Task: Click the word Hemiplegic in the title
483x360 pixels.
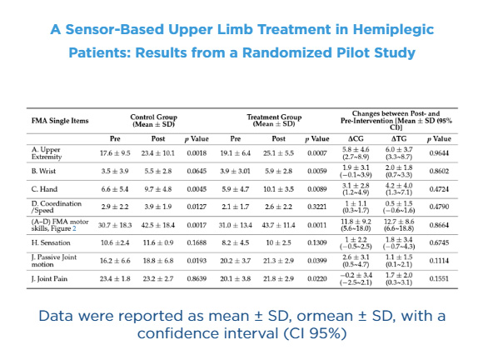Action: tap(393, 30)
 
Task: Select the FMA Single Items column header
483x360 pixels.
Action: tap(60, 121)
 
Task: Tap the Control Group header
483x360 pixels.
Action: tap(154, 121)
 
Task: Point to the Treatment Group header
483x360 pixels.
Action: tap(274, 121)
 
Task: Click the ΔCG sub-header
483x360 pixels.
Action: tap(356, 138)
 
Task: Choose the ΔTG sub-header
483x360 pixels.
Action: tap(399, 138)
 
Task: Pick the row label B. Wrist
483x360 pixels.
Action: tap(43, 171)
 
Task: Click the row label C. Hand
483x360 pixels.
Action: tap(44, 189)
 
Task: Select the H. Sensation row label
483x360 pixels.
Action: tap(51, 242)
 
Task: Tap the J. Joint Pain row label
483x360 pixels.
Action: tap(49, 279)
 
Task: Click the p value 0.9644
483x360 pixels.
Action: tap(439, 153)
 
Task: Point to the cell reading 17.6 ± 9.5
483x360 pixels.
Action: tap(115, 153)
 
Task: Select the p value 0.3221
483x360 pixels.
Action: tap(317, 207)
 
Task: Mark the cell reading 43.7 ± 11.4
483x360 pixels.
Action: tap(278, 225)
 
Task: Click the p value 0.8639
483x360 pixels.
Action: tap(197, 279)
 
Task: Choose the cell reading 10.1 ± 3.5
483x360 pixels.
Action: tap(278, 189)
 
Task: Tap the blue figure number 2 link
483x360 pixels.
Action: tap(74, 228)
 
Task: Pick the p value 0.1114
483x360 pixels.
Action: tap(439, 261)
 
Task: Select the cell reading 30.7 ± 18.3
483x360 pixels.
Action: tap(115, 225)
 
